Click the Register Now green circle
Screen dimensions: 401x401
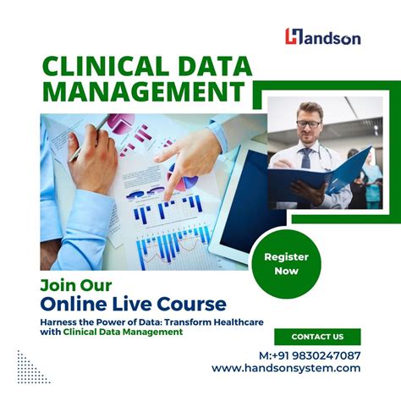tap(286, 263)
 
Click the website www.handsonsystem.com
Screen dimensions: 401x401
tap(286, 368)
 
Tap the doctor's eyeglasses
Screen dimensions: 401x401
tap(309, 124)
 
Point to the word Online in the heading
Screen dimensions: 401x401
tap(72, 302)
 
